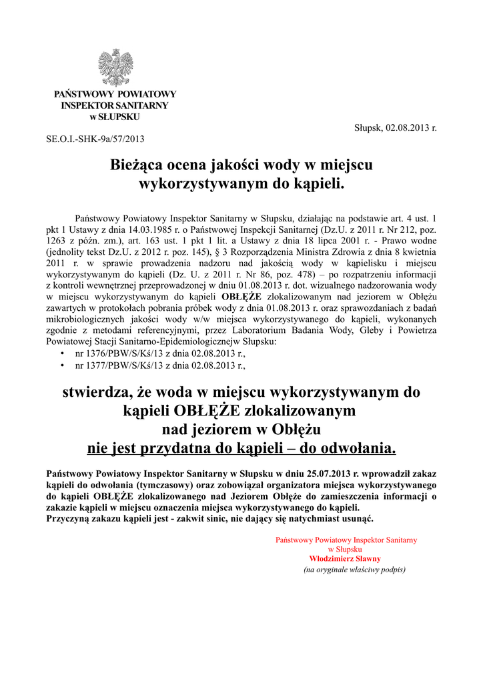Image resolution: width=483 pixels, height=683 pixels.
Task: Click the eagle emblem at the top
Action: point(115,68)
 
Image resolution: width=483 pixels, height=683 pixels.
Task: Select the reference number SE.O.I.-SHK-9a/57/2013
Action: point(95,139)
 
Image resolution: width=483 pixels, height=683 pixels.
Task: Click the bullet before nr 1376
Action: point(62,354)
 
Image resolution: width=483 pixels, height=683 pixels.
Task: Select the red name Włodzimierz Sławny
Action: point(345,558)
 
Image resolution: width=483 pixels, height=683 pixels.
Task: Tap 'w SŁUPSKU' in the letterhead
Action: point(115,117)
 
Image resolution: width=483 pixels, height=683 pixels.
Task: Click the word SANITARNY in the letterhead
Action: point(140,105)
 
